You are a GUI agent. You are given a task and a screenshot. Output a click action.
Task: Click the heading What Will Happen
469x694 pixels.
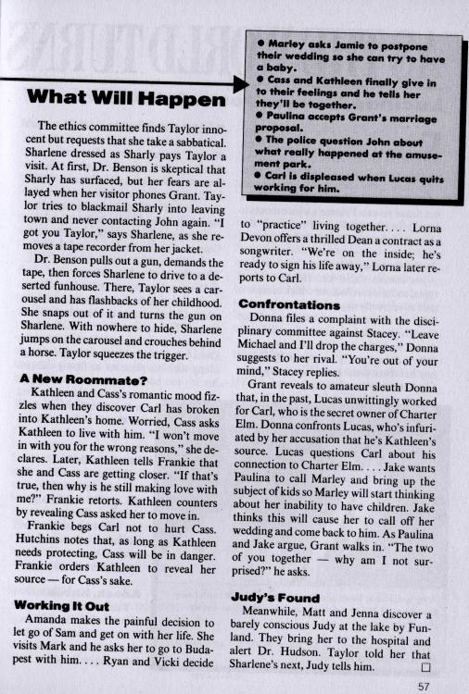point(125,97)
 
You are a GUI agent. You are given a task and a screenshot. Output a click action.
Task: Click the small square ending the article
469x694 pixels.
point(427,638)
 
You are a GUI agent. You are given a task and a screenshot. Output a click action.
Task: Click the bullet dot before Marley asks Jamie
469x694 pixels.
point(263,43)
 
